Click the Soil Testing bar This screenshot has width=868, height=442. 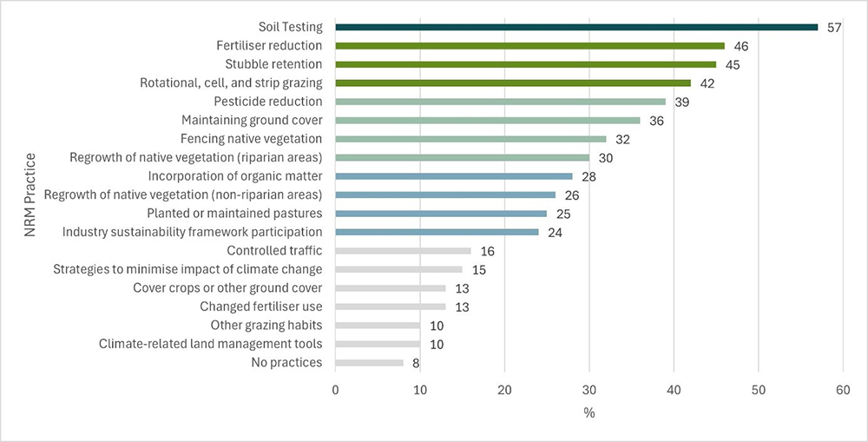pos(576,27)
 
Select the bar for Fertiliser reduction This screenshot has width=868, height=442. pos(529,45)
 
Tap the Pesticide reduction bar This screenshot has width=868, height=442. pos(500,102)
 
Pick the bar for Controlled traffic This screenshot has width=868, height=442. pos(403,251)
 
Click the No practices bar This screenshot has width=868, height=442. pos(369,363)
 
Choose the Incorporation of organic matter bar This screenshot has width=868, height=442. pos(454,176)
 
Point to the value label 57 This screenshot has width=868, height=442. pos(834,27)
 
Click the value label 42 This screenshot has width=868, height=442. pos(707,83)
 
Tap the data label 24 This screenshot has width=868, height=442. pos(556,233)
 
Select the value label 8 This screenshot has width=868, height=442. pos(416,363)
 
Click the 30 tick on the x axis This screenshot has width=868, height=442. pos(589,391)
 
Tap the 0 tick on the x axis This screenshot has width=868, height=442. pos(336,391)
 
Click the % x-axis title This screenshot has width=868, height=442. pos(589,413)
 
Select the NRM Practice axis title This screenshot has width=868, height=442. pos(30,195)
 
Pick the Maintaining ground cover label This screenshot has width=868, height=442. pos(252,120)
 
